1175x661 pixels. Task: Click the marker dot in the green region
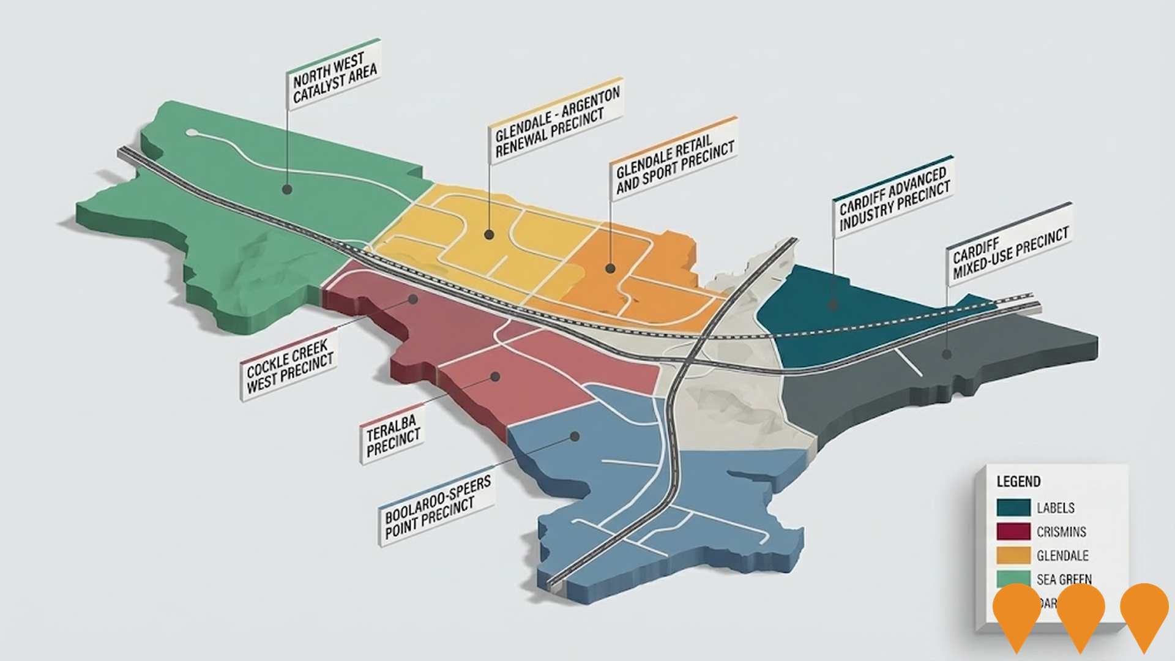point(286,189)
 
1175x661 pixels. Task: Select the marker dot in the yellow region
point(489,234)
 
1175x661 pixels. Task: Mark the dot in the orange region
point(610,268)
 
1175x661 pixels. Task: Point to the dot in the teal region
point(833,304)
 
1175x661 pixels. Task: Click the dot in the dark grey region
point(947,354)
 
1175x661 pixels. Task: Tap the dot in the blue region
point(575,436)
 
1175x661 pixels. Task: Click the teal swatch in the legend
point(1013,507)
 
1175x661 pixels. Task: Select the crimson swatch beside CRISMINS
point(1013,531)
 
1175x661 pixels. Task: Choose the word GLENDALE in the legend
point(1062,556)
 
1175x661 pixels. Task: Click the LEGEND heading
point(1018,482)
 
